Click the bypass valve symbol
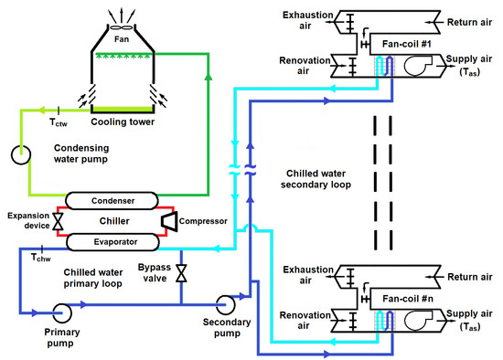(181, 273)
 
